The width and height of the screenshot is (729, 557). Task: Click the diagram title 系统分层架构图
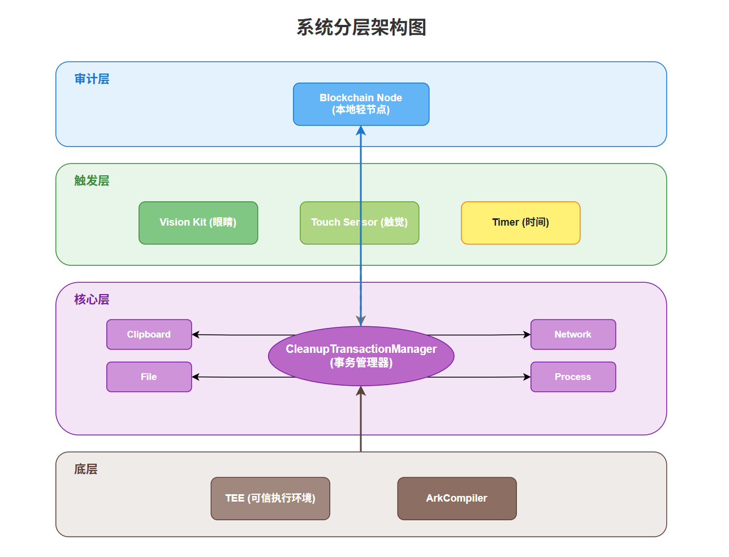(361, 27)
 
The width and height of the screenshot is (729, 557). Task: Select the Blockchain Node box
(361, 104)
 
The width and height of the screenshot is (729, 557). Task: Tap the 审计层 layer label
(92, 79)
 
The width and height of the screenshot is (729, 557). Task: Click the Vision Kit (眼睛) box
(198, 223)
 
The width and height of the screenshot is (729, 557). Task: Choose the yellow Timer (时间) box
(520, 223)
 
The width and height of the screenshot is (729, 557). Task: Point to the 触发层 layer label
(92, 181)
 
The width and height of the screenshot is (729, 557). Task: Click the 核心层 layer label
(92, 300)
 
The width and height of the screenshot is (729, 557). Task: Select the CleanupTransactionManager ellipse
(361, 356)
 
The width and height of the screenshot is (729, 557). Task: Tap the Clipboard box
(149, 334)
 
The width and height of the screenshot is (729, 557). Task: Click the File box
(149, 377)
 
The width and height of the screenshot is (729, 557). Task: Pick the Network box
(573, 334)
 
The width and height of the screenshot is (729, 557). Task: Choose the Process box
(573, 377)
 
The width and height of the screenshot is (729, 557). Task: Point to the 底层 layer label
(86, 469)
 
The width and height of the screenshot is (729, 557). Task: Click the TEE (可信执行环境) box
(270, 498)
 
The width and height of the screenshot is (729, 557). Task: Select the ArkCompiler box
(457, 498)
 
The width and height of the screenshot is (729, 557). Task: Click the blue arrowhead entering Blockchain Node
(361, 131)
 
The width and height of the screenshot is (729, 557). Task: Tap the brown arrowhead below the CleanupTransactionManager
(361, 391)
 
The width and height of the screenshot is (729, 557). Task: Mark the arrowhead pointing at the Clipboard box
(196, 334)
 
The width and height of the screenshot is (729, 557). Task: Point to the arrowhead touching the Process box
(527, 377)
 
